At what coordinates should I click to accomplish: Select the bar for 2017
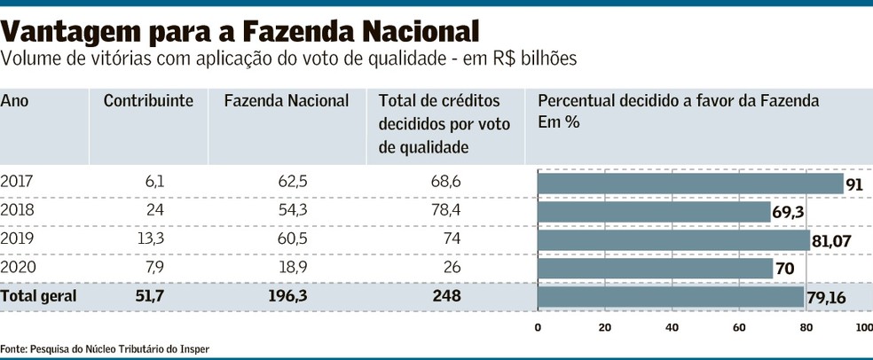click(x=690, y=184)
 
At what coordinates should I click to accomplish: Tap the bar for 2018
click(x=654, y=212)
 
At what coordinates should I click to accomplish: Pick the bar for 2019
click(x=673, y=240)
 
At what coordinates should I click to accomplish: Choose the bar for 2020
click(x=656, y=269)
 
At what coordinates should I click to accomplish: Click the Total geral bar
click(x=671, y=297)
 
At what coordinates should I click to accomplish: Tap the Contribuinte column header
click(x=148, y=101)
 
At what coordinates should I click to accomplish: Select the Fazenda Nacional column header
click(x=287, y=101)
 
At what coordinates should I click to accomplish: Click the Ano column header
click(x=14, y=101)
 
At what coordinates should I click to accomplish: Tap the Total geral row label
click(x=39, y=296)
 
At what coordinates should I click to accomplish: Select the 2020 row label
click(x=17, y=268)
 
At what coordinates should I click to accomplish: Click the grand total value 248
click(x=446, y=296)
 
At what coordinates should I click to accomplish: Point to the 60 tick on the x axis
click(x=739, y=328)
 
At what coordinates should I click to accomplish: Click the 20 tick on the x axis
click(x=605, y=328)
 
